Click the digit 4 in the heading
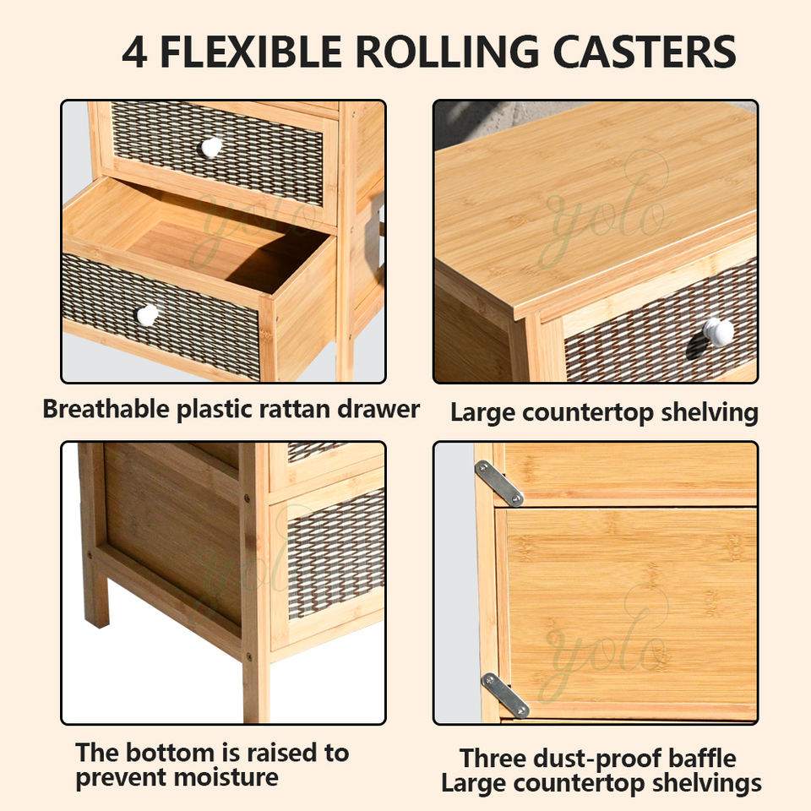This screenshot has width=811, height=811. click(136, 52)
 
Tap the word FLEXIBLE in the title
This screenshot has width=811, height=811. click(249, 52)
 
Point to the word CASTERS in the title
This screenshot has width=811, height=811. click(645, 52)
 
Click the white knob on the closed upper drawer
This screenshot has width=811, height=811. click(211, 147)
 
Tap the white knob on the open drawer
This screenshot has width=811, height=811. click(148, 315)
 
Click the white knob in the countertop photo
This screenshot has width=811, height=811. click(719, 331)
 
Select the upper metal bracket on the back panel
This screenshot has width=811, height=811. click(498, 482)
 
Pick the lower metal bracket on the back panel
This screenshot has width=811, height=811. click(504, 694)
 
